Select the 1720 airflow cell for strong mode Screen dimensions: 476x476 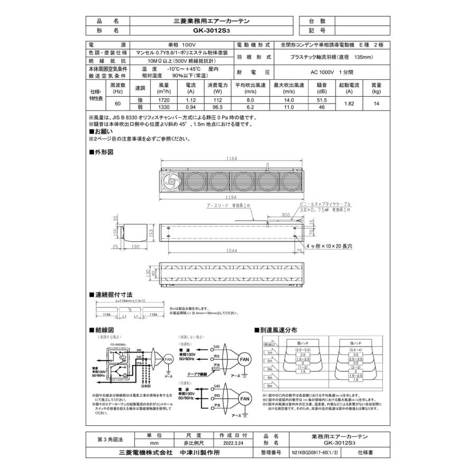(163, 99)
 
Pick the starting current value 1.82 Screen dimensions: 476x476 (349, 103)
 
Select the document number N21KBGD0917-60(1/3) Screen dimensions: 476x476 (315, 453)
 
